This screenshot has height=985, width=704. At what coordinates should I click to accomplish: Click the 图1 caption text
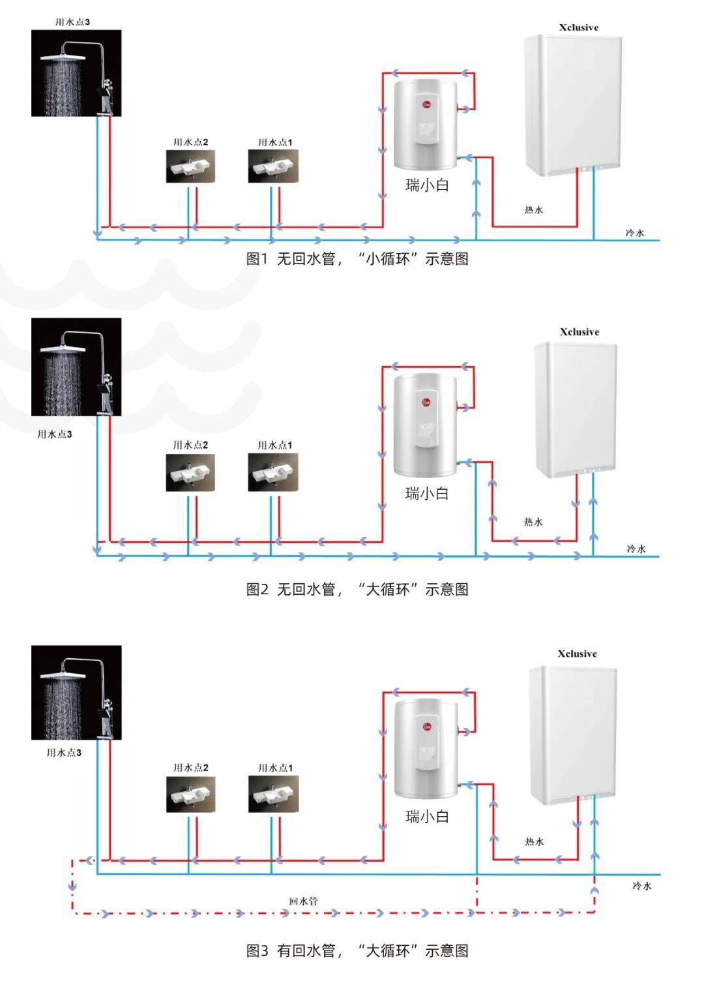(x=357, y=259)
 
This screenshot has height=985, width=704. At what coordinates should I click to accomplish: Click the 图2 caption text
(x=357, y=590)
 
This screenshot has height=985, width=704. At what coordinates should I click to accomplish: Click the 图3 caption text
(x=357, y=951)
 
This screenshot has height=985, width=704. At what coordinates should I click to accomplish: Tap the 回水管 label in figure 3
(x=303, y=902)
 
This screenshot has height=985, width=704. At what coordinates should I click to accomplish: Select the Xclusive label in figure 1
(x=578, y=27)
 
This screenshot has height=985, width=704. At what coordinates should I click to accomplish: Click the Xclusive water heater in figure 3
(x=572, y=735)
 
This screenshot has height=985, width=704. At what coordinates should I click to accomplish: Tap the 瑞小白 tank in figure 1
(x=426, y=124)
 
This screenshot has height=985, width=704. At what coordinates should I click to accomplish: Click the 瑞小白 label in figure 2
(x=427, y=494)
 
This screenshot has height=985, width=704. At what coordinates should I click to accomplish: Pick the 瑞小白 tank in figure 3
(x=426, y=748)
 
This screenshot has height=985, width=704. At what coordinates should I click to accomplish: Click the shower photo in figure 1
(x=76, y=73)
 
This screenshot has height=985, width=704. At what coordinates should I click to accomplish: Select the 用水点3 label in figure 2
(x=55, y=434)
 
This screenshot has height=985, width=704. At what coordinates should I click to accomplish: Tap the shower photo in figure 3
(x=76, y=693)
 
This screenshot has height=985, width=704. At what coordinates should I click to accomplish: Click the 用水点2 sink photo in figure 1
(x=190, y=166)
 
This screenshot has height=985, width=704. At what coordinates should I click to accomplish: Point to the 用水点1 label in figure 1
(x=275, y=142)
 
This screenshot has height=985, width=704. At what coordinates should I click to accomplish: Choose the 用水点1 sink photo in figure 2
(x=273, y=472)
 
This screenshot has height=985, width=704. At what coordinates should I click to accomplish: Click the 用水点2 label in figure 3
(x=191, y=768)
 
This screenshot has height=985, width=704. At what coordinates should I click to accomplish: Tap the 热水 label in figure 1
(x=534, y=210)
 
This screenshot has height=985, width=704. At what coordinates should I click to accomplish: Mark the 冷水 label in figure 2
(x=636, y=549)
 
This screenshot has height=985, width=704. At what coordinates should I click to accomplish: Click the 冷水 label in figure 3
(x=642, y=886)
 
